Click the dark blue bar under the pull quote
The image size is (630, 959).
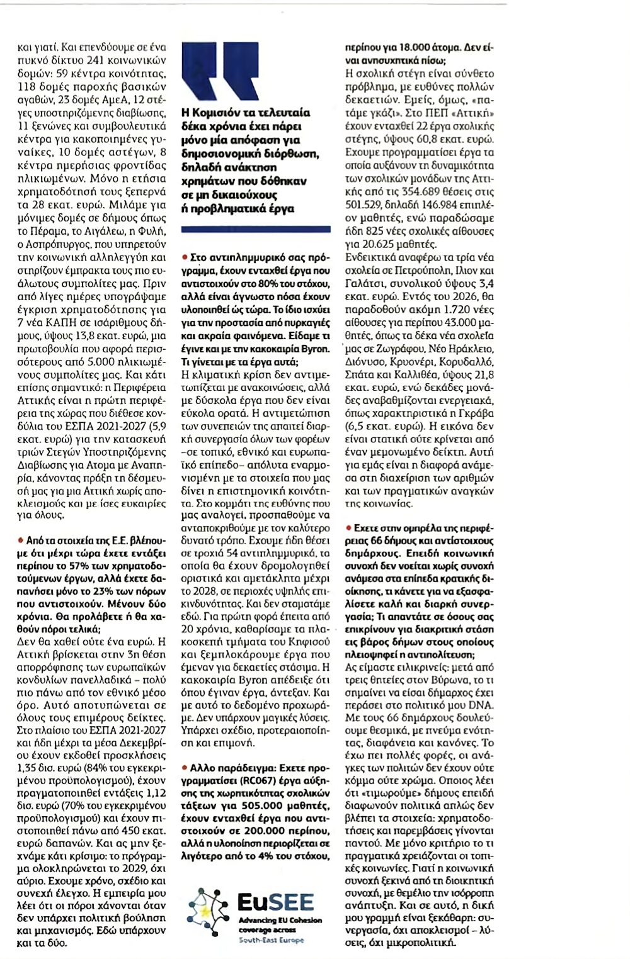(x=255, y=230)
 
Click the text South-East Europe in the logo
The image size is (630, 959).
(x=271, y=940)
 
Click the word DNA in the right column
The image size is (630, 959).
(x=482, y=705)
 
